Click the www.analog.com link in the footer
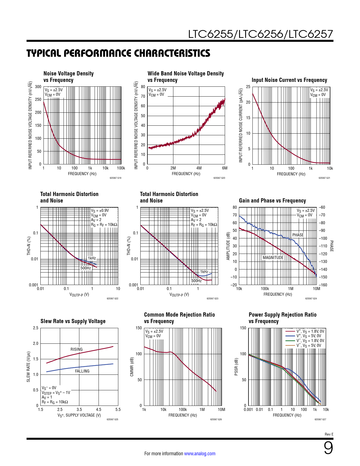(200, 454)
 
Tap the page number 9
(328, 448)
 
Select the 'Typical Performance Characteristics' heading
(118, 53)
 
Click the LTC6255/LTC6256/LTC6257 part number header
(260, 34)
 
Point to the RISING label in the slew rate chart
(77, 349)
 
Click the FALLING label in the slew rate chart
(82, 371)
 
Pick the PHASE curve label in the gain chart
(298, 235)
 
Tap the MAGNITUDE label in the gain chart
(273, 258)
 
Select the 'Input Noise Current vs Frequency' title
(289, 80)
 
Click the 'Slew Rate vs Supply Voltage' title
(73, 321)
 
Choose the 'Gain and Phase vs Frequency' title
(272, 201)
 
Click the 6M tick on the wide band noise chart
(225, 168)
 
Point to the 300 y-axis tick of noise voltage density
(38, 87)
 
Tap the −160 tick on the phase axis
(323, 285)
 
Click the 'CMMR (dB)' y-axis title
(132, 367)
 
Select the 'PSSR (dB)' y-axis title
(236, 367)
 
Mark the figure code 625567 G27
(320, 419)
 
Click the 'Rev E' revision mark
(329, 434)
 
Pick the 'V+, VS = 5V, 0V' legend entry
(309, 336)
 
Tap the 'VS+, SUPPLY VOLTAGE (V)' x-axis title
(79, 415)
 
